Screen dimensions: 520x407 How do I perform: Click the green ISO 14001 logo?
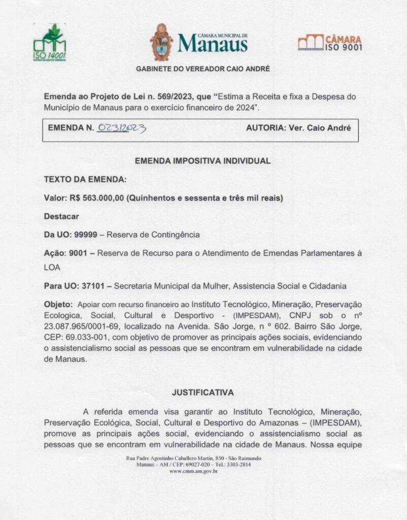click(x=49, y=42)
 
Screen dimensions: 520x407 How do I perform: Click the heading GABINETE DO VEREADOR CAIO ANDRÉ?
click(x=203, y=69)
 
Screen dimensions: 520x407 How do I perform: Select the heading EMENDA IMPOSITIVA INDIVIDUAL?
click(x=202, y=161)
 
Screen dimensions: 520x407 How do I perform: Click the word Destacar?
click(x=61, y=216)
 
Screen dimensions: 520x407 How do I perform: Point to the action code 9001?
click(x=77, y=253)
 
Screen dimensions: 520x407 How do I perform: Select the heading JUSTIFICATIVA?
click(x=202, y=393)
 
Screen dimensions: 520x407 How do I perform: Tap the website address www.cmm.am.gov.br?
click(x=193, y=471)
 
